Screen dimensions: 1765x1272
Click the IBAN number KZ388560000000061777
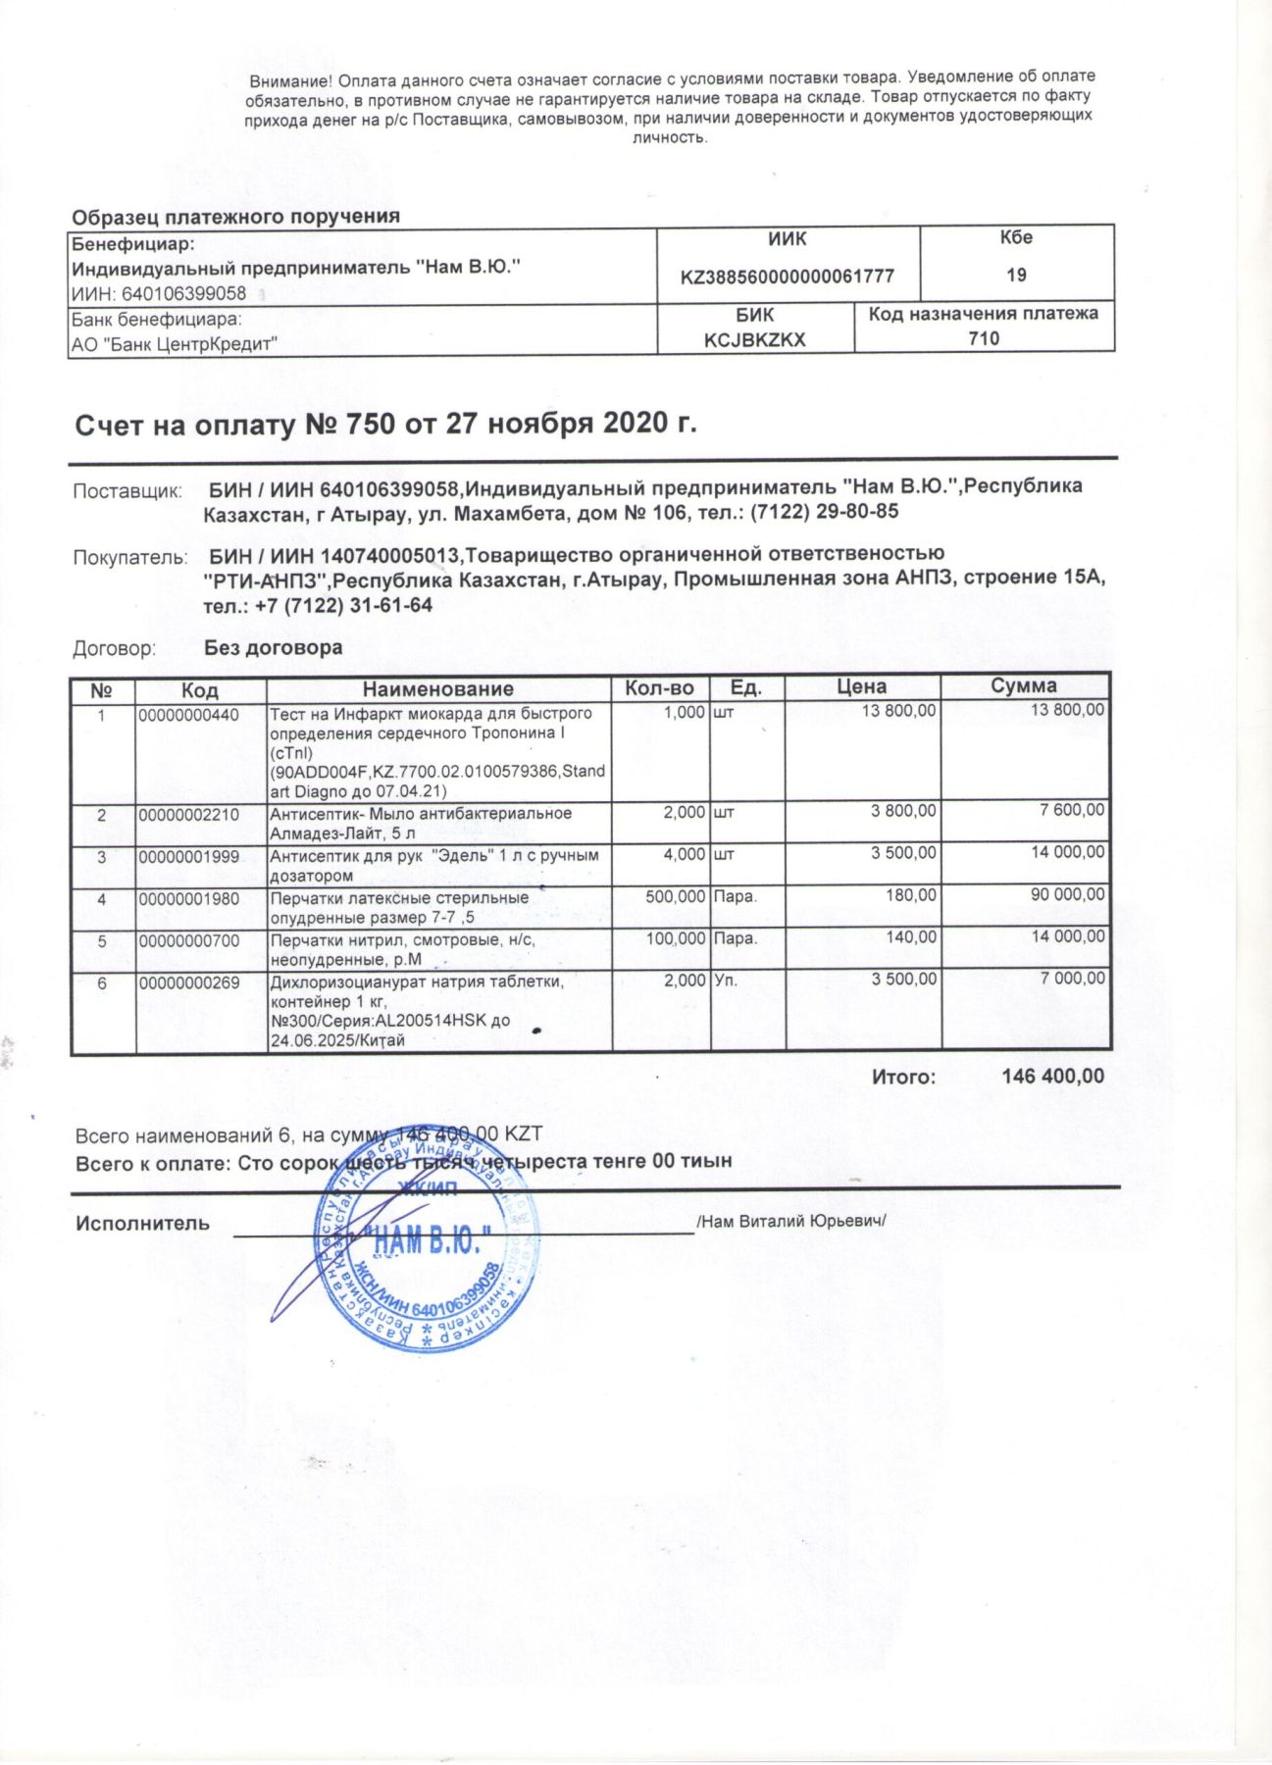pyautogui.click(x=787, y=277)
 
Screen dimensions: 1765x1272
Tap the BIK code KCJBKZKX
pyautogui.click(x=754, y=339)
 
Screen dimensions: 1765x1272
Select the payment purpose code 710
pyautogui.click(x=983, y=338)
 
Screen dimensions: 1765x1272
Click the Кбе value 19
pyautogui.click(x=1016, y=275)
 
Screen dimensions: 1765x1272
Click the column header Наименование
pyautogui.click(x=437, y=688)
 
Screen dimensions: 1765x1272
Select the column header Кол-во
pyautogui.click(x=659, y=687)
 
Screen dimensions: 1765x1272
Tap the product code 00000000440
pyautogui.click(x=188, y=715)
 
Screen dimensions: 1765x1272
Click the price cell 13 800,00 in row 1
pyautogui.click(x=898, y=711)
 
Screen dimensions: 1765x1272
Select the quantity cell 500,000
pyautogui.click(x=675, y=896)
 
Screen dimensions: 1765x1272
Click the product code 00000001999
pyautogui.click(x=188, y=856)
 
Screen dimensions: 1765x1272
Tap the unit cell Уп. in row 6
pyautogui.click(x=726, y=980)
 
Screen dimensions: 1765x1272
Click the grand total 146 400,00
pyautogui.click(x=1052, y=1077)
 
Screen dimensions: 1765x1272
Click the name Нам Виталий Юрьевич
pyautogui.click(x=791, y=1222)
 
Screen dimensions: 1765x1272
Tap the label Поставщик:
pyautogui.click(x=127, y=490)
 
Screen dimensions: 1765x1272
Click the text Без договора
pyautogui.click(x=273, y=647)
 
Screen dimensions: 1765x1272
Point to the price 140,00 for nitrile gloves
pyautogui.click(x=911, y=937)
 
